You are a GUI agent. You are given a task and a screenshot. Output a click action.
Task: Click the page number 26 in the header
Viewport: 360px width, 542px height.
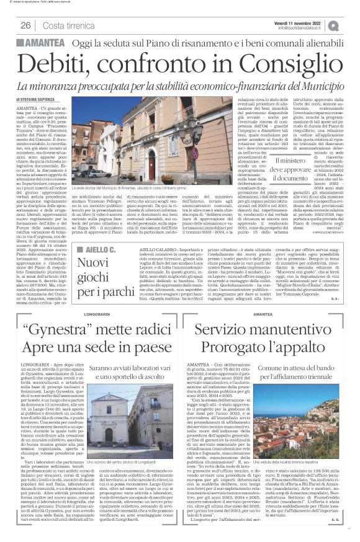coord(26,25)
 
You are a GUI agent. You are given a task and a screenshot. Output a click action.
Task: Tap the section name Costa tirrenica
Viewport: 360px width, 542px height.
coord(68,25)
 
